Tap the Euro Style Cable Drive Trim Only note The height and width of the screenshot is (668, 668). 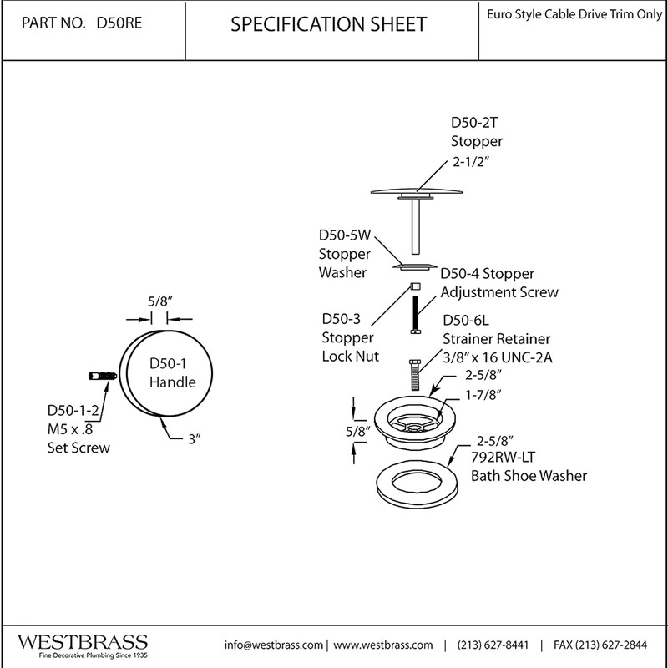(x=576, y=15)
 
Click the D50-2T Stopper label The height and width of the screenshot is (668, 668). (x=477, y=132)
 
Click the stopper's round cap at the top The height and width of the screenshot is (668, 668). (x=415, y=193)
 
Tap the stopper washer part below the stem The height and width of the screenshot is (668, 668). (x=415, y=267)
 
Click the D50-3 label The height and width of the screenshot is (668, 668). (x=341, y=319)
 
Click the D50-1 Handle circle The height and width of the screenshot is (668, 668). (x=172, y=373)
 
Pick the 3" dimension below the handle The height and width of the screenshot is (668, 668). (x=195, y=440)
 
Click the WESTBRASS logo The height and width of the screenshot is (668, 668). (x=83, y=643)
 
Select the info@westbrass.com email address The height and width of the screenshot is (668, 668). (x=274, y=645)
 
